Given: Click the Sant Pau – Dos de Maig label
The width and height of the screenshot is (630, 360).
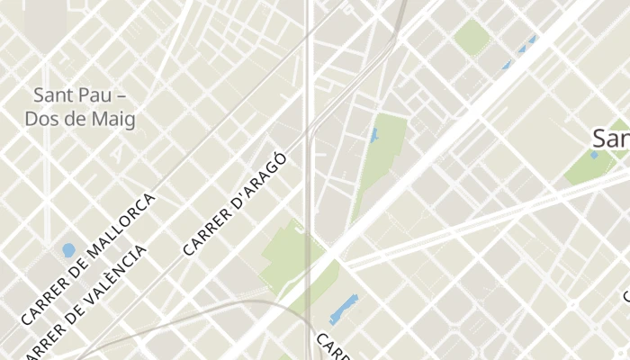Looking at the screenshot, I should [x=80, y=106].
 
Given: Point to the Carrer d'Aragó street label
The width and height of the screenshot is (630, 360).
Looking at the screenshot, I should [x=235, y=203].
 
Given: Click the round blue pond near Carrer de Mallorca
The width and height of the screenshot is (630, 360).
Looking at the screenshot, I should [x=68, y=249].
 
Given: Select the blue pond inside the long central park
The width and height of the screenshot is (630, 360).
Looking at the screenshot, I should [x=373, y=136].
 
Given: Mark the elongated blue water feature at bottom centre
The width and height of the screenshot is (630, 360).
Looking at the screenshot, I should [x=343, y=310].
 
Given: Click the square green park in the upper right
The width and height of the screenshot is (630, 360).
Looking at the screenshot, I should [x=472, y=37].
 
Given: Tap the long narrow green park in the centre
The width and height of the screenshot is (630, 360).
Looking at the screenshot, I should [x=380, y=162].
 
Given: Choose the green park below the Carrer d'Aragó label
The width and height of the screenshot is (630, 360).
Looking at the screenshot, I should [x=290, y=256].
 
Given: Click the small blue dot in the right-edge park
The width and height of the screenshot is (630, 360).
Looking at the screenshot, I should [x=593, y=155].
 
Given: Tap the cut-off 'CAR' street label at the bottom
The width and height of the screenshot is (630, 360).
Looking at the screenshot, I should [x=331, y=347].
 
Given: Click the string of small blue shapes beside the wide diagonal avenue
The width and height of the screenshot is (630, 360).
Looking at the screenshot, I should [x=519, y=54].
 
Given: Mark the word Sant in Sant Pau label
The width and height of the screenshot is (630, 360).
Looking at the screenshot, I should [x=51, y=94].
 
